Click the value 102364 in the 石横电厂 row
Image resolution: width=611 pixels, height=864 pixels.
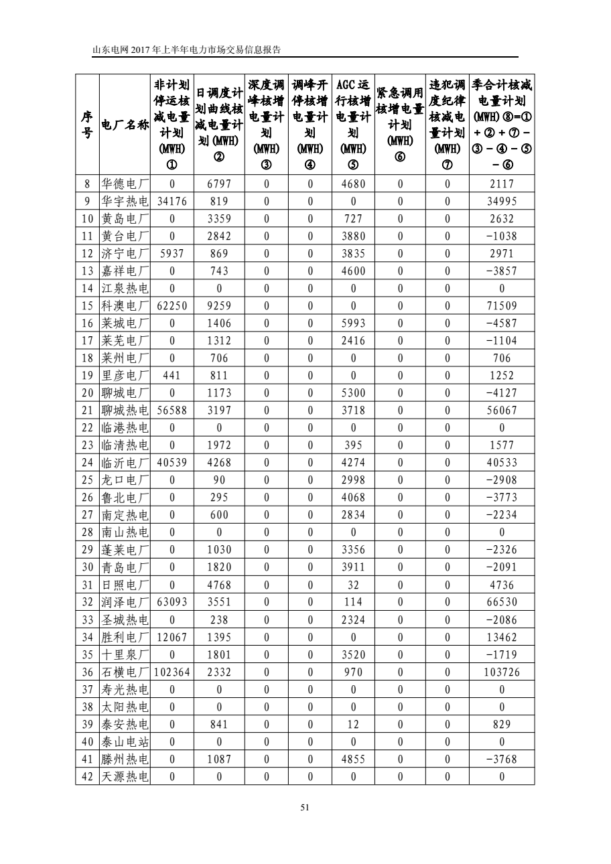point(172,672)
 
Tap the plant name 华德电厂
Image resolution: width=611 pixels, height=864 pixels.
point(125,184)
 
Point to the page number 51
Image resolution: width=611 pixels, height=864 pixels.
point(305,808)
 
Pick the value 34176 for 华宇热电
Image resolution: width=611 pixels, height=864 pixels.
point(172,202)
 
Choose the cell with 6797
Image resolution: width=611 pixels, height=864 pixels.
point(219,184)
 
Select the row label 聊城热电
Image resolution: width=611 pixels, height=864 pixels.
point(125,411)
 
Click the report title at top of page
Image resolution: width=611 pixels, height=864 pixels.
point(186,50)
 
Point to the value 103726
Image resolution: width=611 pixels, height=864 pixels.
point(502,672)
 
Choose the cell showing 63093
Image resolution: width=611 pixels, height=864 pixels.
point(172,602)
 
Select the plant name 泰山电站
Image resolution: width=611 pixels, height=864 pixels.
point(125,741)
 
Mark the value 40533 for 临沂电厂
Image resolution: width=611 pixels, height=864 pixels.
point(502,463)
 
